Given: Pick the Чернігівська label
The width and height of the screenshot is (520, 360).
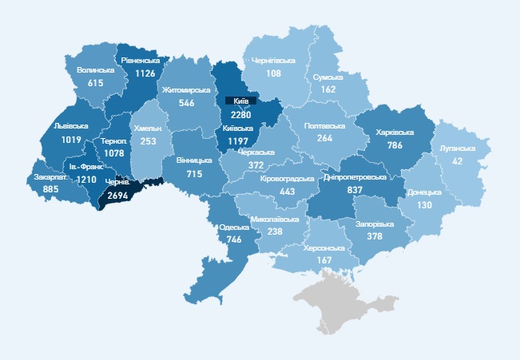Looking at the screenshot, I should tap(274, 61).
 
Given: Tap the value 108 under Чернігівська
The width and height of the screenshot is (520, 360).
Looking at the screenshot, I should tap(274, 73).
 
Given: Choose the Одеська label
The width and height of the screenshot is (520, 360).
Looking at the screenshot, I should tap(234, 227).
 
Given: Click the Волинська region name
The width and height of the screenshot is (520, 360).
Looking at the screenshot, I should tap(96, 70).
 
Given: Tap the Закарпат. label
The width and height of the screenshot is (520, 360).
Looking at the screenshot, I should tap(51, 177).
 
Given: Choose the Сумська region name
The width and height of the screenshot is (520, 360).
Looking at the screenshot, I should tap(327, 77).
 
